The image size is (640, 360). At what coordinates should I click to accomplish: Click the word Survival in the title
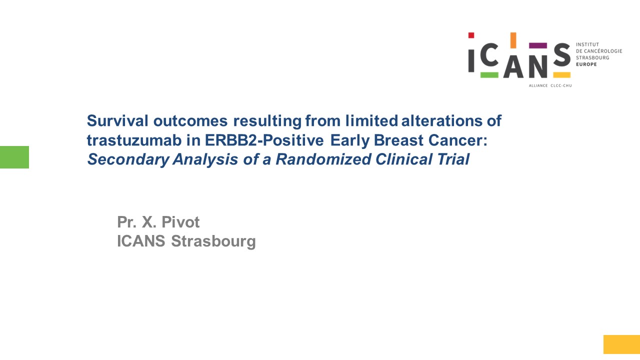coord(117,120)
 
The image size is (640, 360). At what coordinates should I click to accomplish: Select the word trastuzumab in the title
coord(134,140)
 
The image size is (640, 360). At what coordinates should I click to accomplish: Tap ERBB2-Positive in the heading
coord(264,140)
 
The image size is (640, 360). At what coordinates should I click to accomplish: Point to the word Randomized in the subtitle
coord(323,159)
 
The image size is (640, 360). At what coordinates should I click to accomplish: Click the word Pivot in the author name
coord(180,222)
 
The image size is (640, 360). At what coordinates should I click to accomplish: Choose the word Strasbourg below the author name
coord(213,241)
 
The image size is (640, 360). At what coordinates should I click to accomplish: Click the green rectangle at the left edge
coord(14,157)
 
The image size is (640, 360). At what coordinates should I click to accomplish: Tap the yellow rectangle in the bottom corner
coord(621,344)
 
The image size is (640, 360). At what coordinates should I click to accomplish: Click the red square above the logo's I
coord(471,35)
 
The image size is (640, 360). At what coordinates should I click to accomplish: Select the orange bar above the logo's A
coord(513,40)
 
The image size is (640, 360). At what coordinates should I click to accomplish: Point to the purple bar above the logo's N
coord(538,45)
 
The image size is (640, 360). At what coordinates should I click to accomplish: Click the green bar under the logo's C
coord(489,75)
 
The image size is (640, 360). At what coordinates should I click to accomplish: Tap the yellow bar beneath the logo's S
coord(561,75)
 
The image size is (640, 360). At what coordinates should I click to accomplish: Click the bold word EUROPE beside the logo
coord(586,64)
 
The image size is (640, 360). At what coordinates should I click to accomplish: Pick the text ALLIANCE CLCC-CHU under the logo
coord(550,85)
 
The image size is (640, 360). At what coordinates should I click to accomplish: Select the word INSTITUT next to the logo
coord(587,44)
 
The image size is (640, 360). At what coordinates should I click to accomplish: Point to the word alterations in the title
coord(441,120)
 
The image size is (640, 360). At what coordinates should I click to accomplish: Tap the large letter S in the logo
coord(562,55)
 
